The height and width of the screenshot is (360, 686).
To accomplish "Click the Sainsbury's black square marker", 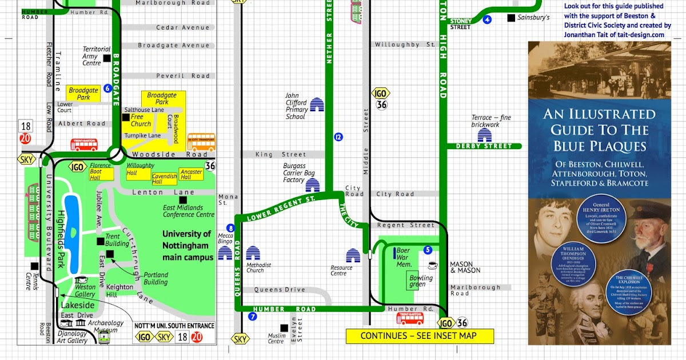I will tap(511, 18).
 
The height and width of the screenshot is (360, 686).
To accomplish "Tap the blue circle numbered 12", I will tap(338, 137).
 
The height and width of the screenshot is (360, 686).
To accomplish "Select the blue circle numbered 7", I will tap(253, 316).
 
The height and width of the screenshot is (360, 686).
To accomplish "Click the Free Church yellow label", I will tap(141, 120).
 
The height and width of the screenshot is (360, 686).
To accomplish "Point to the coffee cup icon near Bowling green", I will tap(433, 265).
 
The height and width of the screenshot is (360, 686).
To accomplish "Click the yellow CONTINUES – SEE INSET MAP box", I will tap(419, 336).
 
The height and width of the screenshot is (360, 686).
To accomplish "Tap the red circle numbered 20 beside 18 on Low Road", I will tap(25, 138).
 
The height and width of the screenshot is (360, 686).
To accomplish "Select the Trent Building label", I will tap(113, 240).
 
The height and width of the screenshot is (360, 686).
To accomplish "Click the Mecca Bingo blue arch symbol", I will tap(226, 253).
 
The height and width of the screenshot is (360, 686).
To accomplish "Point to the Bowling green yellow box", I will tap(421, 281).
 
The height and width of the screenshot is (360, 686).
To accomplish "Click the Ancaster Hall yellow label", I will tap(191, 175).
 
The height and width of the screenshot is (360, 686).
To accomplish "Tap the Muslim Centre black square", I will tap(284, 327).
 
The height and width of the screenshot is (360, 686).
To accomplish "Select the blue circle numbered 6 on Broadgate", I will tap(107, 89).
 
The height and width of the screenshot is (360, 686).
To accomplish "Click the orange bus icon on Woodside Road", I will tap(202, 142).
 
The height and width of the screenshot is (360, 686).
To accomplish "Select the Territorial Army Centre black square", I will tap(106, 58).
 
